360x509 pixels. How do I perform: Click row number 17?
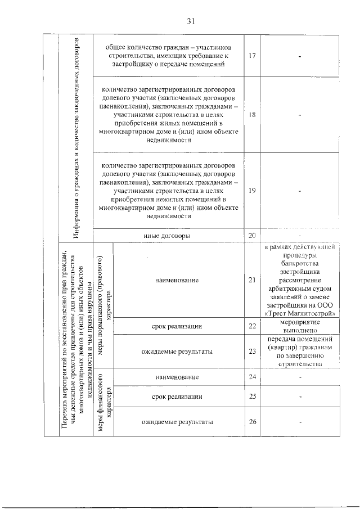coord(252,56)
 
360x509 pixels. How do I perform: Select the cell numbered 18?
coord(252,114)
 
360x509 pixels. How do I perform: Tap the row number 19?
coord(252,191)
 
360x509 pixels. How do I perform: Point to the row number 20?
coord(252,235)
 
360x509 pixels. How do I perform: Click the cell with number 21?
coord(252,280)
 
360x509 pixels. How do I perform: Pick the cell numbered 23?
coord(252,352)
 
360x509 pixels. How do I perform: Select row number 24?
coord(252,377)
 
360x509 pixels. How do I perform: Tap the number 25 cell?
coord(252,397)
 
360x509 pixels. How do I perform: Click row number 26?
coord(252,422)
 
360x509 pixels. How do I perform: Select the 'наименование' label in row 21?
coord(177,280)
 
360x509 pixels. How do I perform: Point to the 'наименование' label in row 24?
coord(177,377)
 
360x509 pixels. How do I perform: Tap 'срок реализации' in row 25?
coord(177,397)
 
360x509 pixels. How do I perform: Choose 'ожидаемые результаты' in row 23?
coord(177,352)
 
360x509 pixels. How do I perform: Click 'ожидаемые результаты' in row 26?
coord(177,422)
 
